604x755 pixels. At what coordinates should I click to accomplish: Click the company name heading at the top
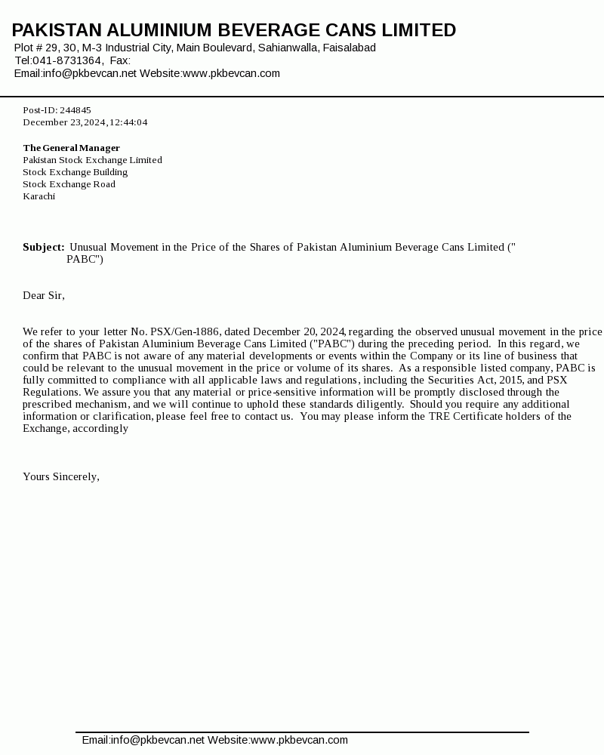[x=234, y=30]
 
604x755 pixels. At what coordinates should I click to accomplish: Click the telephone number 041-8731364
[x=67, y=60]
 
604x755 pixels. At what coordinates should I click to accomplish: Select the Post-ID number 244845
[x=75, y=110]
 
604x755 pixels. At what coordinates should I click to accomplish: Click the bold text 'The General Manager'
[x=72, y=148]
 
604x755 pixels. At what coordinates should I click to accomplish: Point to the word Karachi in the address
[x=39, y=196]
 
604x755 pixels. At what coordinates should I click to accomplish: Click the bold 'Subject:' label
[x=43, y=247]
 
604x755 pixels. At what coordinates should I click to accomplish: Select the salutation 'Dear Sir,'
[x=44, y=295]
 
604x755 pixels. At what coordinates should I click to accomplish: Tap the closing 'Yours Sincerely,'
[x=61, y=476]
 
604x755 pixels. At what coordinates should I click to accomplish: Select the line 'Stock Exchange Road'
[x=69, y=184]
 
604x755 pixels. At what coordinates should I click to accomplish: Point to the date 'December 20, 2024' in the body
[x=299, y=331]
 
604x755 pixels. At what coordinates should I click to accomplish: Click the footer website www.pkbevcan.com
[x=299, y=740]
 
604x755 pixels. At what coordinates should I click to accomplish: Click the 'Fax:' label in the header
[x=120, y=60]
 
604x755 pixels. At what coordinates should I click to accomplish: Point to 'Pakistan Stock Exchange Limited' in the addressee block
[x=92, y=160]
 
